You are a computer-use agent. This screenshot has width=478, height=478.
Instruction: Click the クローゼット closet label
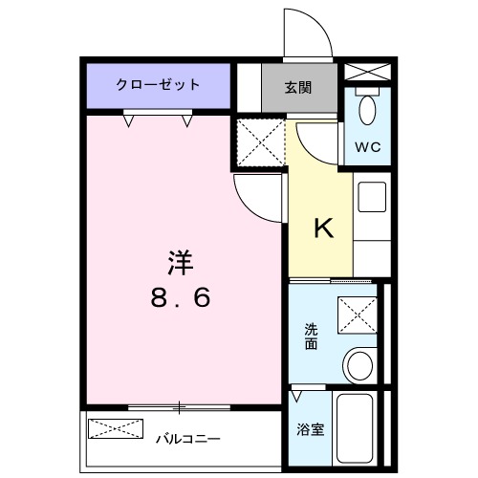159,84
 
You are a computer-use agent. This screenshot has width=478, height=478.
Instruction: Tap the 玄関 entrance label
298,87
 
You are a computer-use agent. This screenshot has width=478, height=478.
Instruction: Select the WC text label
368,147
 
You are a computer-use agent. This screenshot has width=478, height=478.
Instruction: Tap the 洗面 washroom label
312,337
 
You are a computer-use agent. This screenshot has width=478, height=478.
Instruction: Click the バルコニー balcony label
188,439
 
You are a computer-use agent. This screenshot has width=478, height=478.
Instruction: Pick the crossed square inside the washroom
358,314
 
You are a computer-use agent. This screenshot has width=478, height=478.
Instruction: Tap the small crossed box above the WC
367,72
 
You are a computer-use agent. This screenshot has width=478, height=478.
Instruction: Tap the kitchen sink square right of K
372,198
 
